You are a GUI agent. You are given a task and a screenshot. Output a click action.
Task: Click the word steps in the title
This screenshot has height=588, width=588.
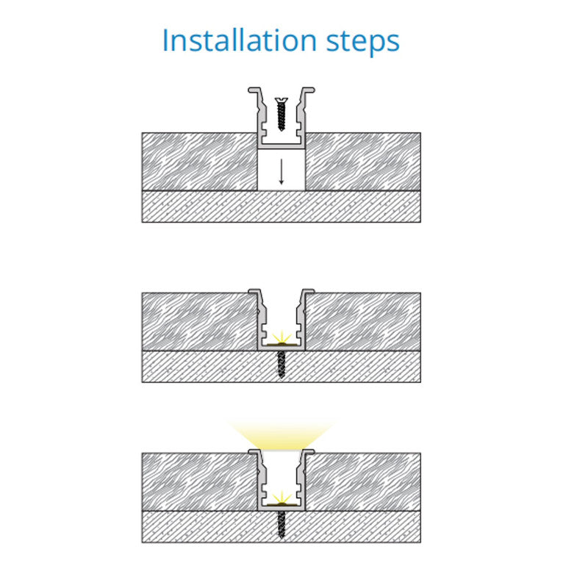click(x=362, y=42)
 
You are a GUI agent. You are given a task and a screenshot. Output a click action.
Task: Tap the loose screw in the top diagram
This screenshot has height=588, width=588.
click(x=281, y=114)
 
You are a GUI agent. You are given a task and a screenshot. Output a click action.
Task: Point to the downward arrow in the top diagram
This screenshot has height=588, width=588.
click(x=282, y=171)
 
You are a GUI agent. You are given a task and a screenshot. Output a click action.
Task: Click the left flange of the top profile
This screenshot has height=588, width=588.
click(x=254, y=90)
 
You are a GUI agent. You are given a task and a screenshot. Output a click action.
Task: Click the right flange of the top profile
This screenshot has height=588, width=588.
click(x=308, y=90)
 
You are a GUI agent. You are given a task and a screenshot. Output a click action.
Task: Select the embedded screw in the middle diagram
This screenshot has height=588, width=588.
click(x=282, y=364)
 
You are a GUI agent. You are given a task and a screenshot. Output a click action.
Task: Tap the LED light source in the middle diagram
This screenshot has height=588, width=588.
click(x=282, y=340)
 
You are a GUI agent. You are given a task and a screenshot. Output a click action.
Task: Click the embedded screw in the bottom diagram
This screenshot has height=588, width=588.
click(x=282, y=524)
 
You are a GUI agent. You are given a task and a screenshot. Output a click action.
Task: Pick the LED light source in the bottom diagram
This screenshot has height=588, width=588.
click(x=282, y=500)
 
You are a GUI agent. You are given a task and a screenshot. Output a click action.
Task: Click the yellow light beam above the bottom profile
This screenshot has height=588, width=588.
click(x=282, y=435)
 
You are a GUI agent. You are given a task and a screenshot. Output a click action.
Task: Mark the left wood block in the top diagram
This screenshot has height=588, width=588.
click(x=199, y=162)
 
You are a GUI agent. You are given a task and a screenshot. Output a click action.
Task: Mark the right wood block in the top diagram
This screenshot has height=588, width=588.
click(x=363, y=162)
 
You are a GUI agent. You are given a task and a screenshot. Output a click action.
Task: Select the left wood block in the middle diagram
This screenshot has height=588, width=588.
click(x=199, y=322)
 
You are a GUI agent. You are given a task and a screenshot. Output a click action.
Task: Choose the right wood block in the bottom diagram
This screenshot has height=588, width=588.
click(x=363, y=482)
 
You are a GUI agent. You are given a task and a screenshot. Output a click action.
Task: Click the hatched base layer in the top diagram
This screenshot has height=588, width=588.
click(x=282, y=207)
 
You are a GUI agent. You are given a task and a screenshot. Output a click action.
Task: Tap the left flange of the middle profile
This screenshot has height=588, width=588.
click(x=254, y=291)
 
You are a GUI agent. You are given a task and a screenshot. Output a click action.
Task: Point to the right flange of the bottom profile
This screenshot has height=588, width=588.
click(x=308, y=451)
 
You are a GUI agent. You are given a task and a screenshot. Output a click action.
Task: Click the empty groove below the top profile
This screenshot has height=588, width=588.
click(x=282, y=170)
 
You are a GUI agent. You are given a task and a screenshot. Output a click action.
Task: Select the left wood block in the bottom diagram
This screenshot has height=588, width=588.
click(x=199, y=482)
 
